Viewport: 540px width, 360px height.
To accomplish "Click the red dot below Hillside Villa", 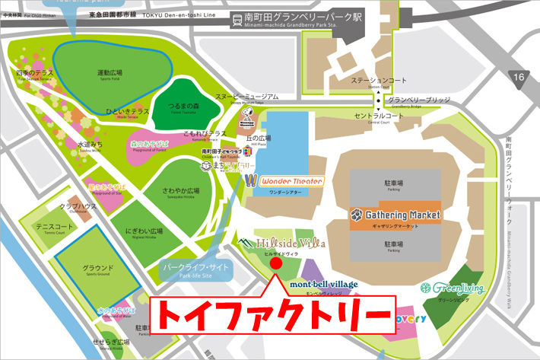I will pyautogui.click(x=276, y=263).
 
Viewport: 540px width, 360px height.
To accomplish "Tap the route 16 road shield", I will pyautogui.click(x=519, y=78).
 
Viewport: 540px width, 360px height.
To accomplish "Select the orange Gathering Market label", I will pyautogui.click(x=395, y=215).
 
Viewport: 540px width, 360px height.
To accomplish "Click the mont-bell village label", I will pyautogui.click(x=324, y=284).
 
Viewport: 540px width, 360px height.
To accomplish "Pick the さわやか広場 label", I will pyautogui.click(x=180, y=192).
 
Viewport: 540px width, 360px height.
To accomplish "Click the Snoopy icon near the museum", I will pyautogui.click(x=246, y=113).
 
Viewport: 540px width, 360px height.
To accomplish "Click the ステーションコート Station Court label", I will pyautogui.click(x=373, y=81).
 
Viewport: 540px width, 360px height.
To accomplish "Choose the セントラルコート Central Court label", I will pyautogui.click(x=378, y=116).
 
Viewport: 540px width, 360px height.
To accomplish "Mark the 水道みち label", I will pyautogui.click(x=90, y=145).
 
